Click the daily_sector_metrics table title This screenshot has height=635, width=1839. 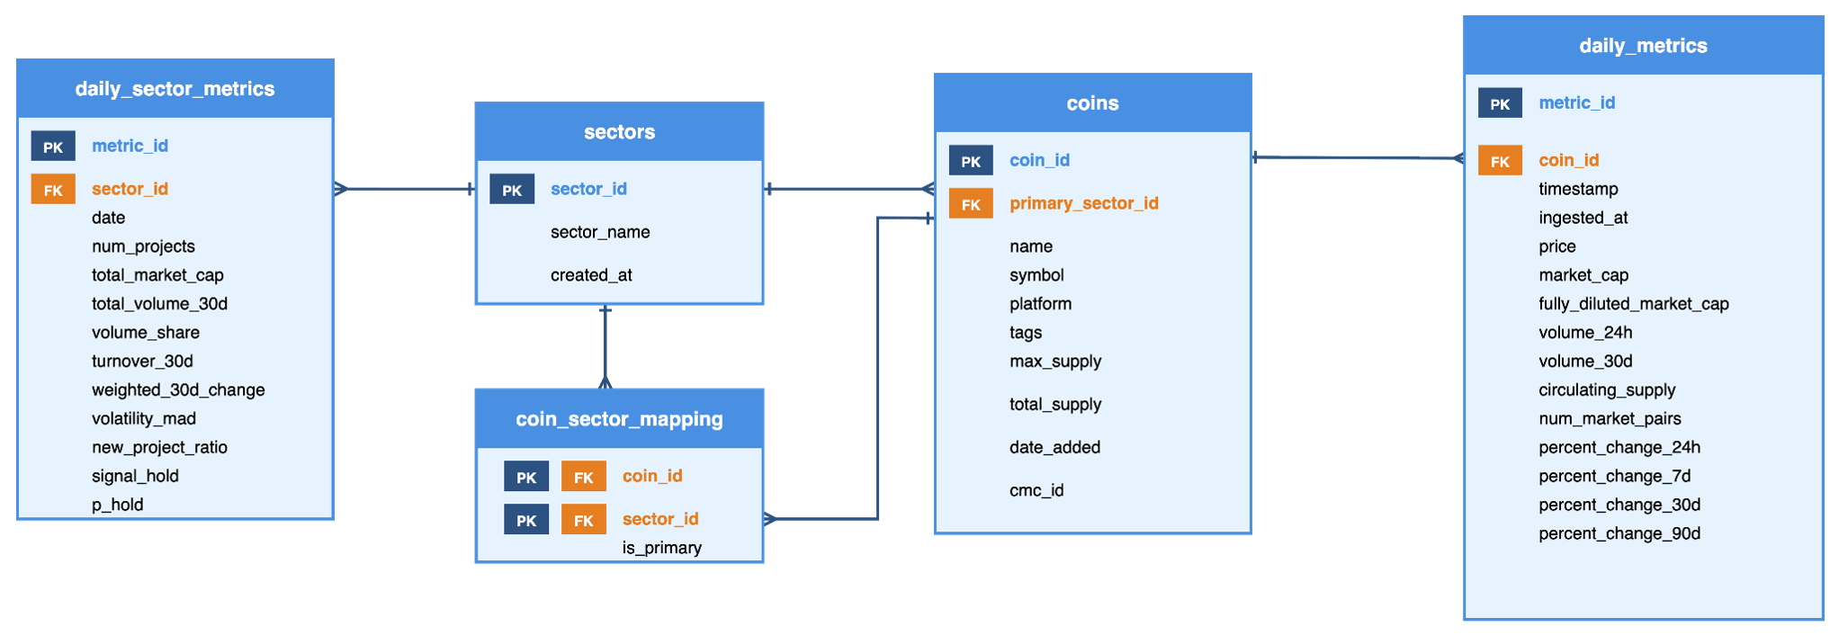[x=175, y=89]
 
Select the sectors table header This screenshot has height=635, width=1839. [x=619, y=132]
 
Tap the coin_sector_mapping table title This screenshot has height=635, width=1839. [x=619, y=419]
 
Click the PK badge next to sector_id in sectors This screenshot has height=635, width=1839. [x=512, y=190]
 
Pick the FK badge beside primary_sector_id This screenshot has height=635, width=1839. [x=971, y=204]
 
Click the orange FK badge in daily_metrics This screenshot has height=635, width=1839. [x=1500, y=161]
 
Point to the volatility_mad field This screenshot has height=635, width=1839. [x=144, y=418]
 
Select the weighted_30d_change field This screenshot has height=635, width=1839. [x=178, y=389]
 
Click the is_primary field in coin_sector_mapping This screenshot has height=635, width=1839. [x=661, y=548]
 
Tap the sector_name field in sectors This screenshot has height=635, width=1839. [x=600, y=232]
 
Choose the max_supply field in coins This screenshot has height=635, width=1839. [x=1055, y=361]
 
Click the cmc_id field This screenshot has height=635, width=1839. [x=1036, y=490]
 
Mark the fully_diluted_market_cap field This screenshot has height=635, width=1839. [x=1633, y=304]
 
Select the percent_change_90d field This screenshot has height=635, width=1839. [x=1619, y=533]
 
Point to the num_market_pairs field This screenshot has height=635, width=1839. [x=1610, y=418]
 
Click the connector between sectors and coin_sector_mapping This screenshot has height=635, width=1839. [x=606, y=347]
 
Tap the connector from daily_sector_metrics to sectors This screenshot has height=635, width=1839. [x=404, y=189]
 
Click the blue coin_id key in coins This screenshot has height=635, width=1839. [x=1039, y=160]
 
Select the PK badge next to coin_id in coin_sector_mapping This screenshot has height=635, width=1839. [x=526, y=477]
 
